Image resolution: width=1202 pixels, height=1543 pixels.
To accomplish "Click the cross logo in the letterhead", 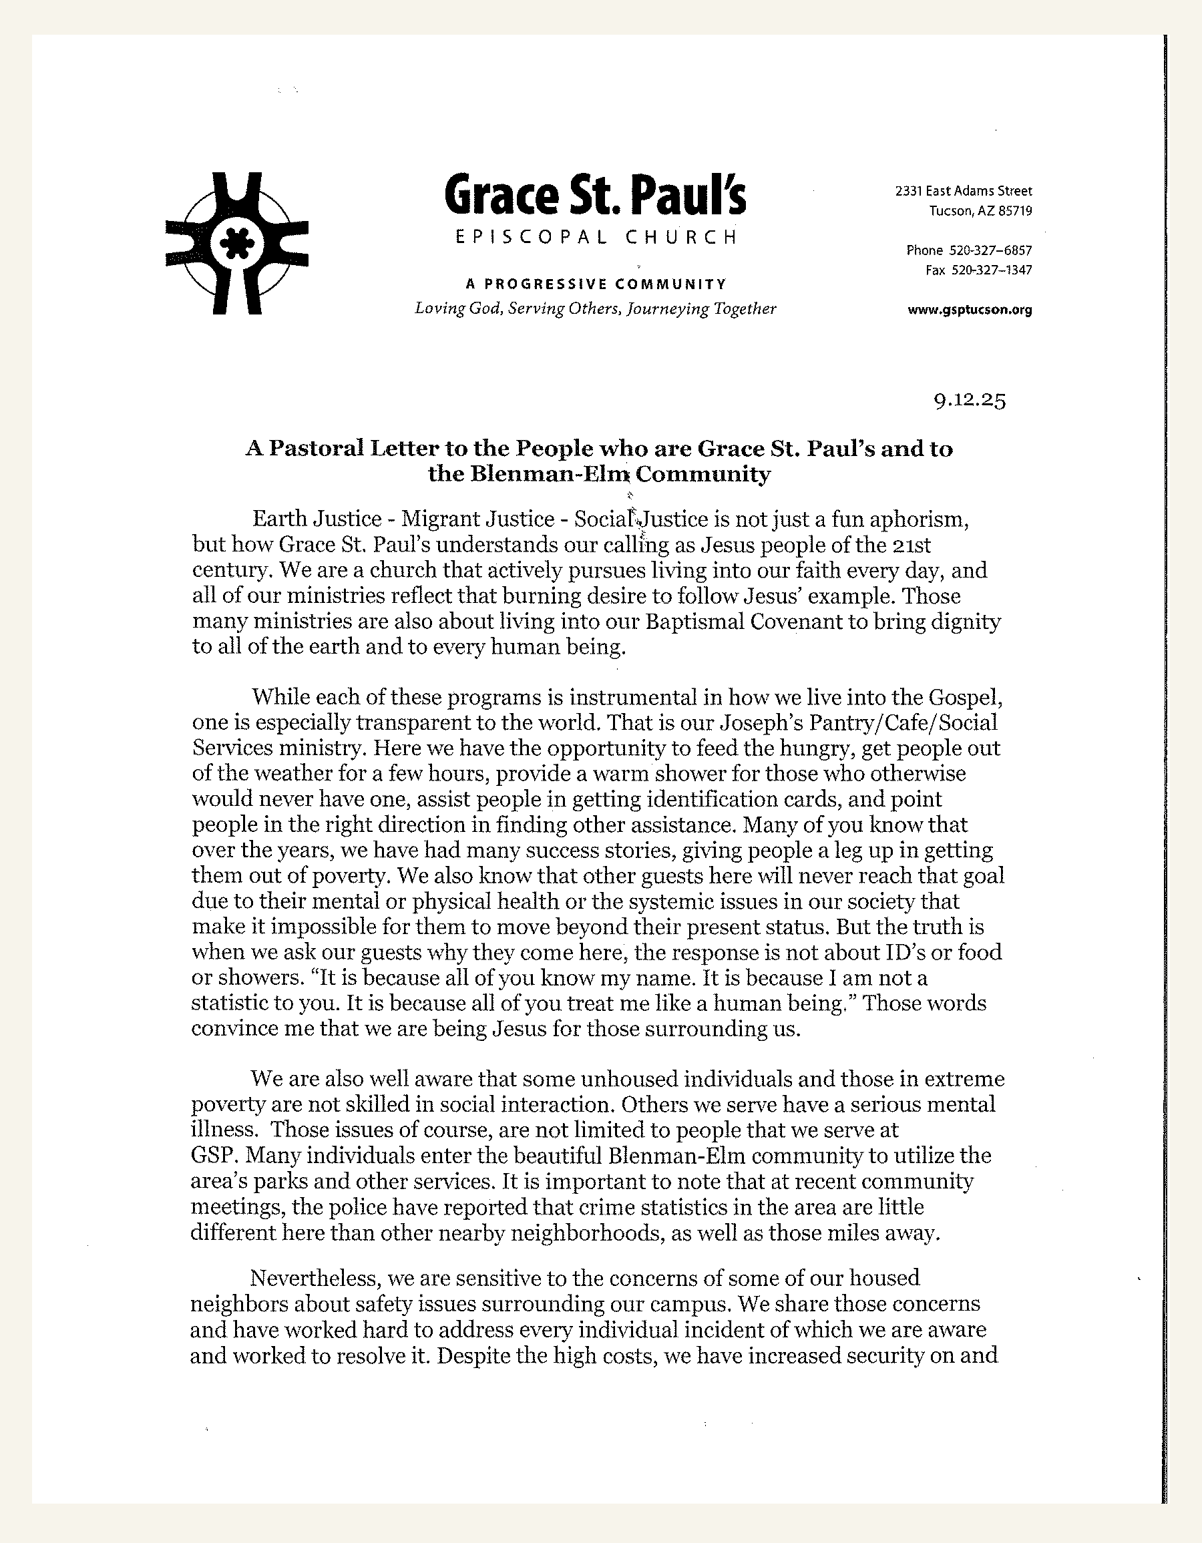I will click(x=236, y=243).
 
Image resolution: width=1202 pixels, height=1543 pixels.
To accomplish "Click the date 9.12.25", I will click(x=970, y=401).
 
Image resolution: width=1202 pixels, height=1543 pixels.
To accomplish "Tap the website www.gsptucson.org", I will click(x=970, y=309).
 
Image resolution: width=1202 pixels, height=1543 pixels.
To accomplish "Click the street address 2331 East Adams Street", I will click(x=963, y=191).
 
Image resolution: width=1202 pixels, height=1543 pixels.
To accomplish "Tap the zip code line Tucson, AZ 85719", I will click(x=980, y=210).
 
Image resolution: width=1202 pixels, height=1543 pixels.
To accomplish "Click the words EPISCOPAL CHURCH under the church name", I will click(x=596, y=238).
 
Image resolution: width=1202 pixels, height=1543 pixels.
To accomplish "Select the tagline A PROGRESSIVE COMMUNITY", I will click(x=596, y=284).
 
